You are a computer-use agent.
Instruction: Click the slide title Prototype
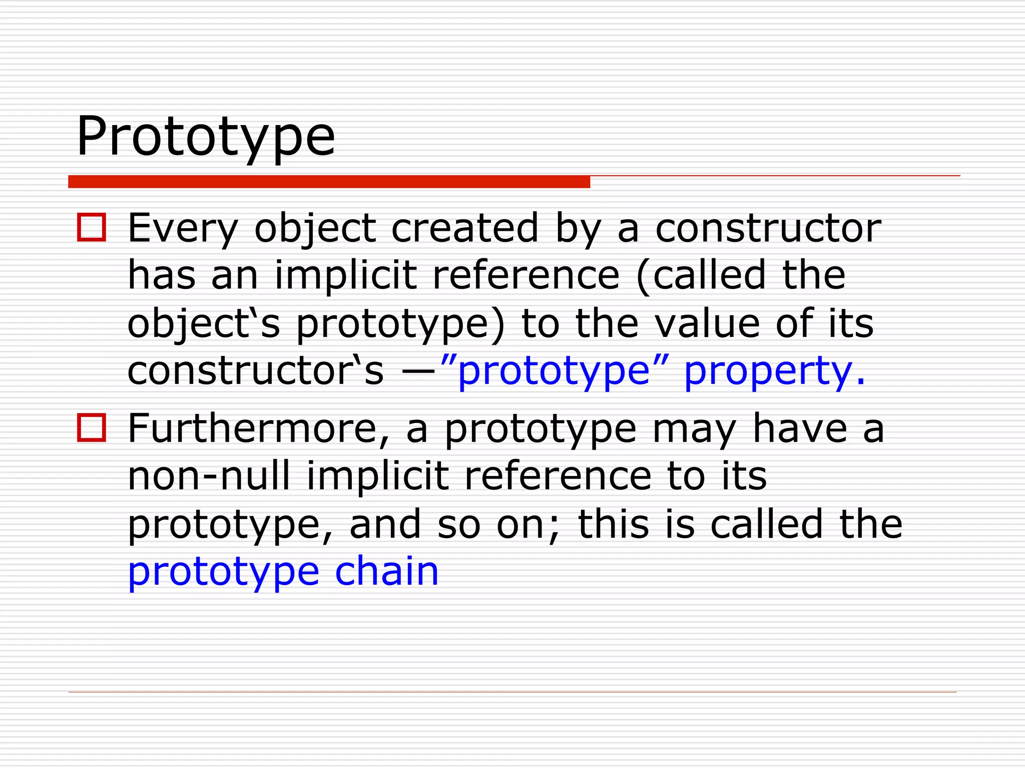click(205, 136)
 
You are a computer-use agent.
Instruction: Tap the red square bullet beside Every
click(92, 228)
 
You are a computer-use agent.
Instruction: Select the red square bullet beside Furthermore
click(92, 428)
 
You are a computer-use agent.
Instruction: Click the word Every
click(183, 229)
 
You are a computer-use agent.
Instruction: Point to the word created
click(465, 228)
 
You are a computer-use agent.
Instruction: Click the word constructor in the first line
click(768, 229)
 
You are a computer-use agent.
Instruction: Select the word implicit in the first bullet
click(346, 275)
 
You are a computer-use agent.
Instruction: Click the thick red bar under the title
click(329, 182)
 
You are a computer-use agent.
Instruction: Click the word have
click(800, 429)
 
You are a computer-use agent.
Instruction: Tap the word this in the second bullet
click(614, 524)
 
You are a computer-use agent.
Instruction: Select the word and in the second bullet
click(385, 524)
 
